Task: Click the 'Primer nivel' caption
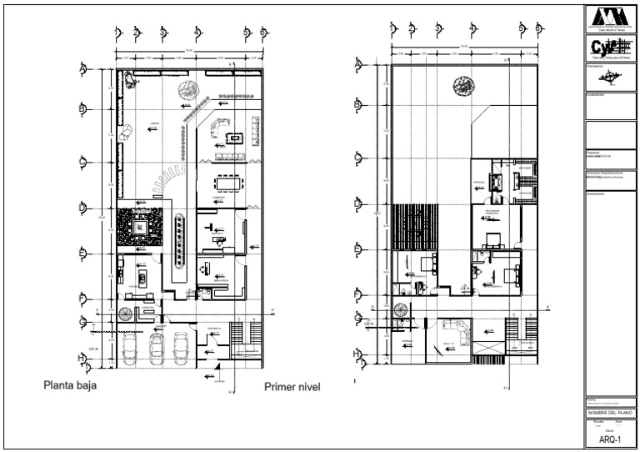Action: [x=292, y=387]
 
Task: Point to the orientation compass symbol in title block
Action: [x=610, y=77]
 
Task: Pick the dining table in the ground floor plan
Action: [x=228, y=182]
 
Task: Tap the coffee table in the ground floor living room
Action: [x=236, y=138]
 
